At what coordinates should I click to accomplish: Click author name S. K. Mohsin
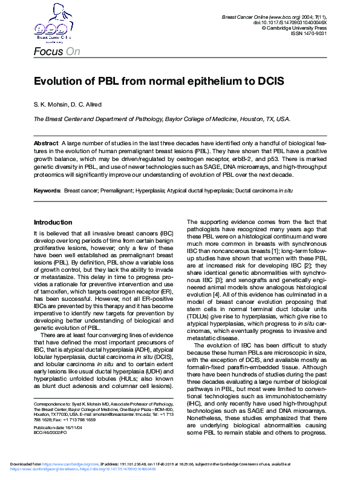pyautogui.click(x=50, y=105)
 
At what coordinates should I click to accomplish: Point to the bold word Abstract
pyautogui.click(x=46, y=142)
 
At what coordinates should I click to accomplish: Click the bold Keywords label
pyautogui.click(x=47, y=190)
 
